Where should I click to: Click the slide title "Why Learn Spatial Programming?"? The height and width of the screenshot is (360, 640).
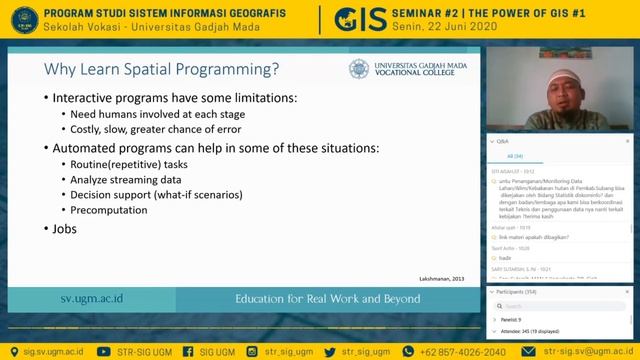click(161, 69)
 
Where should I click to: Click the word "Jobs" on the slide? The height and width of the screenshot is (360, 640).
click(64, 228)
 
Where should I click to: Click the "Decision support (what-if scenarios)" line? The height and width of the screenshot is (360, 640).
click(156, 194)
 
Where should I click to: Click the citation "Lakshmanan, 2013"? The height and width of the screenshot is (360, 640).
click(441, 277)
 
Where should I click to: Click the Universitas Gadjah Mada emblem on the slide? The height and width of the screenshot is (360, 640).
click(359, 69)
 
